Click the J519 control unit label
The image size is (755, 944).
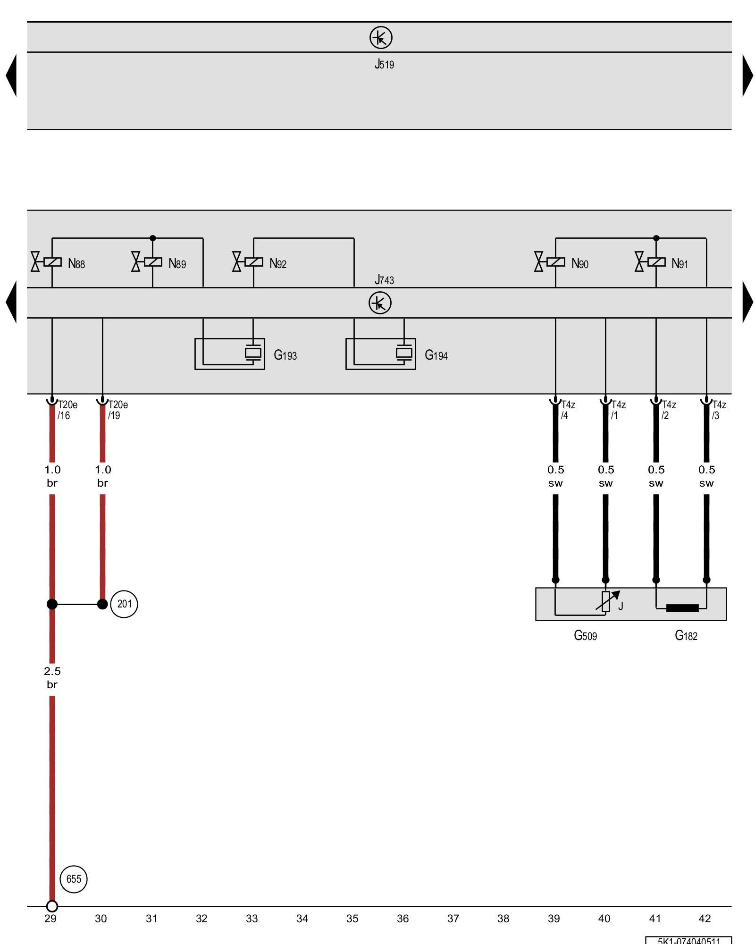384,64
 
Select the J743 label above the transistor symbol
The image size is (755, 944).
384,280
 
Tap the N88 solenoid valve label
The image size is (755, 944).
76,263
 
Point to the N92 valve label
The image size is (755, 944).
278,263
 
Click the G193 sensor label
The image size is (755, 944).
285,355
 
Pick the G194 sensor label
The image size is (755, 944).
436,355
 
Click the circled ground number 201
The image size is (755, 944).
124,604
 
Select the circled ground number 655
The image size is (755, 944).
74,879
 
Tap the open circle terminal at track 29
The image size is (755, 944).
52,906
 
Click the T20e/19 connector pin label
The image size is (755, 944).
117,410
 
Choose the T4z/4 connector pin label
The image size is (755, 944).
568,410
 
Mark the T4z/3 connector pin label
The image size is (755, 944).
719,410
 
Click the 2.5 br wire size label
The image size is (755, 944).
52,677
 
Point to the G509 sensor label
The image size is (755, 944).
585,635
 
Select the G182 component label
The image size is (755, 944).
686,635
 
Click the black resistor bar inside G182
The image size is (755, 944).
682,608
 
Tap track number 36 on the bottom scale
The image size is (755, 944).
403,919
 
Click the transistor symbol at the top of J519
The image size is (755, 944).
381,37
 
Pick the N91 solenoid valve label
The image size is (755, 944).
679,263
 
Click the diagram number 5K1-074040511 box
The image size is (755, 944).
688,940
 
